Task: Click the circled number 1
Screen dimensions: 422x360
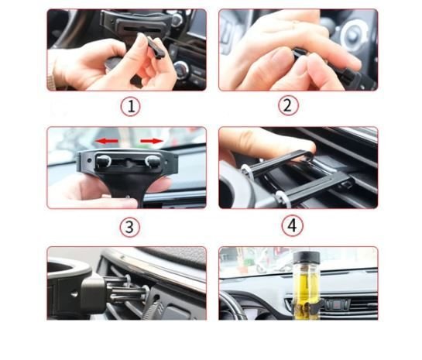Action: tap(131, 107)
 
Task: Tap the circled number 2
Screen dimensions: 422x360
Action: tap(288, 105)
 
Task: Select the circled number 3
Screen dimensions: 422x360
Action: tap(130, 227)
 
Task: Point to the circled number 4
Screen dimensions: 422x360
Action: tap(292, 226)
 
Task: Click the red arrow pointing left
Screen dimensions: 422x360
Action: tap(107, 141)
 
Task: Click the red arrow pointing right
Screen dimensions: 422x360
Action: tap(152, 141)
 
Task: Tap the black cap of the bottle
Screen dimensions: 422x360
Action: tap(307, 257)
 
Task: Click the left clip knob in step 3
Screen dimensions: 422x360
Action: tap(103, 161)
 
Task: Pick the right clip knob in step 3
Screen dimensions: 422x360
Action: tap(153, 162)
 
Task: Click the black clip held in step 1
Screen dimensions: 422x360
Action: tap(156, 48)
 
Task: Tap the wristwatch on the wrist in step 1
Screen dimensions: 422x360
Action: tap(51, 80)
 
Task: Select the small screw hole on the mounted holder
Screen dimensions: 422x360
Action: tap(74, 294)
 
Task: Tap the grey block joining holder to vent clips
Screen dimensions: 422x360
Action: tap(92, 293)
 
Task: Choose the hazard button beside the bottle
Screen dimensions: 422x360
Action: tap(338, 304)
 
